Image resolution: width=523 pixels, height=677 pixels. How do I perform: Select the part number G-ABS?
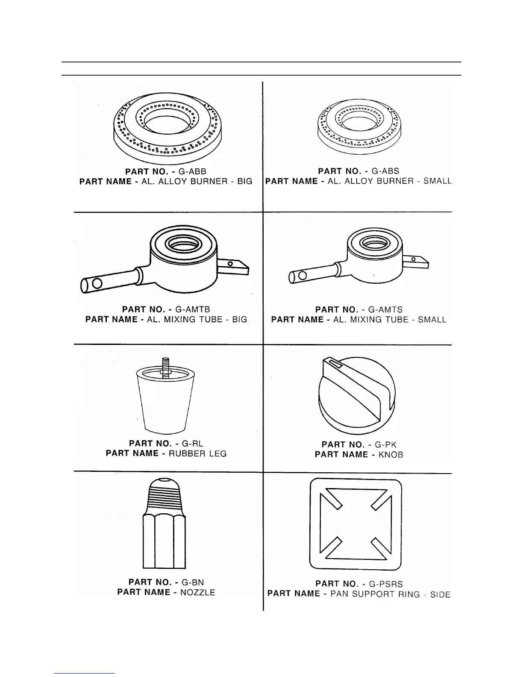tap(385, 171)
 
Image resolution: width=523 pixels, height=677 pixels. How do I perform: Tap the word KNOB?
tap(391, 455)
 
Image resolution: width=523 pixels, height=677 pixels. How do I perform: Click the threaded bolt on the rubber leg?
tap(165, 365)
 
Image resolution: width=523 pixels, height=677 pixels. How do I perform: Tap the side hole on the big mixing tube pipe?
tap(97, 283)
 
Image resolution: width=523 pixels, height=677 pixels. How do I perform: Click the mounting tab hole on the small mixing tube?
tap(414, 259)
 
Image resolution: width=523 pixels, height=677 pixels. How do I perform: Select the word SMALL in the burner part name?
tap(437, 181)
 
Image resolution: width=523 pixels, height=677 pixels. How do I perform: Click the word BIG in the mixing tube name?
tap(240, 320)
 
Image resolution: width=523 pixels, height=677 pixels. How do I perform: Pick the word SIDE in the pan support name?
tap(440, 595)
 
